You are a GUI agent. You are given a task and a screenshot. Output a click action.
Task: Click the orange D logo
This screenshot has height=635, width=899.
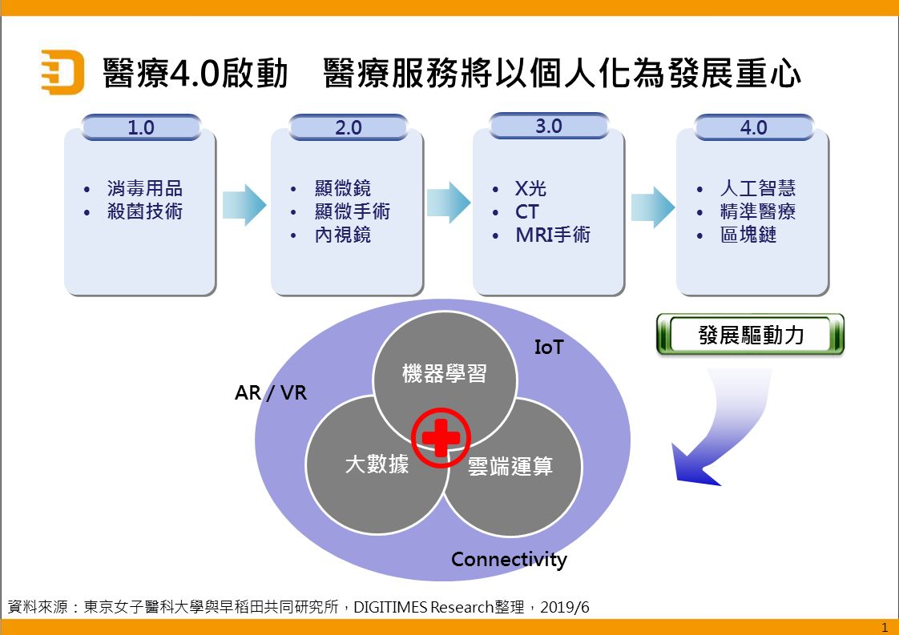click(62, 73)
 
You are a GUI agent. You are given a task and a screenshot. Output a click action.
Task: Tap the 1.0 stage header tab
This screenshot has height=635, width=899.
click(141, 127)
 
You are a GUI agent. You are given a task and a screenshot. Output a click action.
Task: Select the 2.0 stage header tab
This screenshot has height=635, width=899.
click(349, 127)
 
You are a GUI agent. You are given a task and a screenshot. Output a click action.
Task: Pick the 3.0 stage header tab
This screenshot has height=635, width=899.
click(549, 126)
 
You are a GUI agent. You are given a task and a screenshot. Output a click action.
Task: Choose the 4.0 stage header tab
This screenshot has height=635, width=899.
click(753, 127)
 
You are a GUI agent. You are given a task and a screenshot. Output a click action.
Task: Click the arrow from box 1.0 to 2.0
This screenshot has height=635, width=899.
click(244, 205)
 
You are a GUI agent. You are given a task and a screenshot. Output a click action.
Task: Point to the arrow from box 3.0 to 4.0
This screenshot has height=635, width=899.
click(652, 207)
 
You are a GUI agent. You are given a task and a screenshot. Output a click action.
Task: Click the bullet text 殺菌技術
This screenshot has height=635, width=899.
click(144, 212)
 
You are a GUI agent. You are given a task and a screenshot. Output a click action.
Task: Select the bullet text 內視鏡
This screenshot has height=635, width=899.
click(343, 235)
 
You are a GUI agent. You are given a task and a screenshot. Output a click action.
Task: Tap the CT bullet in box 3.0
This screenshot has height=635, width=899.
click(526, 212)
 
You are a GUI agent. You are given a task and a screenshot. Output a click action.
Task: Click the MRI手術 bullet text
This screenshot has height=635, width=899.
click(553, 235)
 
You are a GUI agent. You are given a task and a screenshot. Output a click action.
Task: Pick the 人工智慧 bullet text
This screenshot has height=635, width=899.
click(757, 189)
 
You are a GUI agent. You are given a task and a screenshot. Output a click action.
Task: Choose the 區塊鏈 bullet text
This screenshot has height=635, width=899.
click(748, 235)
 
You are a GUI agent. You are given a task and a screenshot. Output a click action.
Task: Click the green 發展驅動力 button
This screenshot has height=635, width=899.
click(750, 335)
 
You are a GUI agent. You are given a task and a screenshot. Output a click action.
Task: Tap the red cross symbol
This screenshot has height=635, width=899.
click(440, 437)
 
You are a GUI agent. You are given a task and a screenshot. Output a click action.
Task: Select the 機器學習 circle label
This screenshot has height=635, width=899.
click(444, 373)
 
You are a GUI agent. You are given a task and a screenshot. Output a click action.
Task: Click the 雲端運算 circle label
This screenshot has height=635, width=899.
click(510, 466)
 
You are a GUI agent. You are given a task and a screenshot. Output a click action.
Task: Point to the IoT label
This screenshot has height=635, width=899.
click(549, 347)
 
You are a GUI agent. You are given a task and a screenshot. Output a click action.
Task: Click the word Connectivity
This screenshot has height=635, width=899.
click(509, 559)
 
